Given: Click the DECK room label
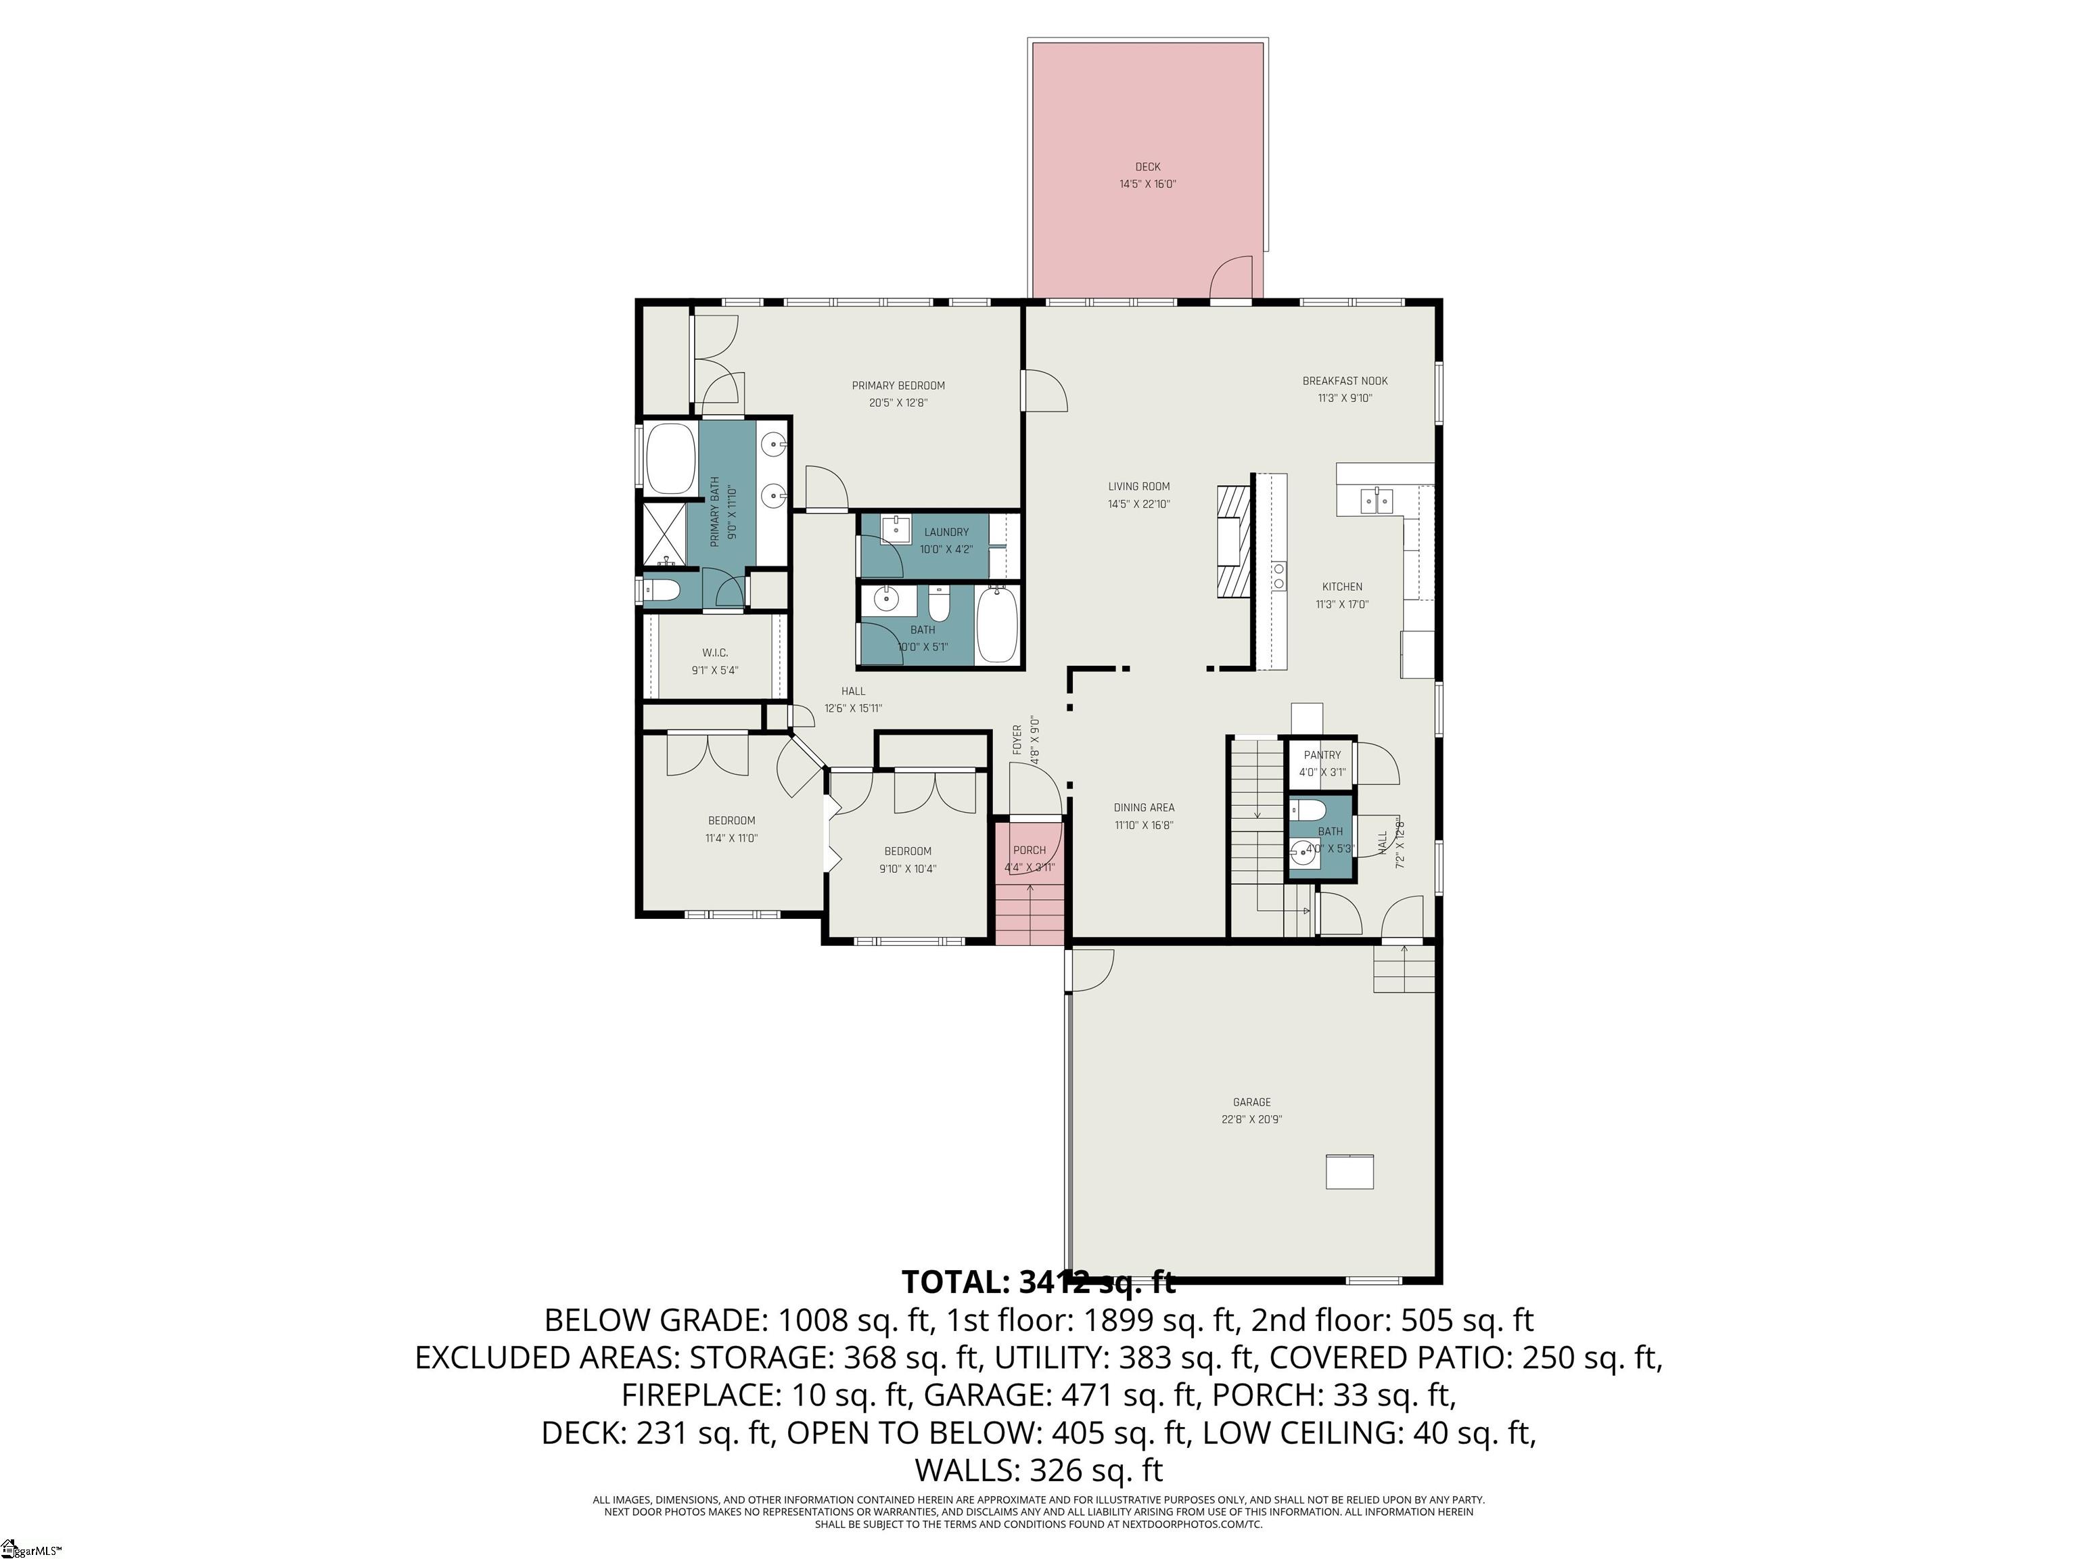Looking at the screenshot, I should pos(1147,167).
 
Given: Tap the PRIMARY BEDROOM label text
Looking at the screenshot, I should pos(898,385).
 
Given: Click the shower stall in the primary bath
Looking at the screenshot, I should pos(665,534).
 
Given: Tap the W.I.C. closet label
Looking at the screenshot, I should pos(715,653).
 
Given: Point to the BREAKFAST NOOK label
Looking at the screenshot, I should pos(1344,380).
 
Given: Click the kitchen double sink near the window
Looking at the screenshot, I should pos(1377,500).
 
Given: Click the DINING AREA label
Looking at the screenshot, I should pos(1143,807).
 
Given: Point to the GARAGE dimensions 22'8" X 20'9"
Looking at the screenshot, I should pos(1251,1119).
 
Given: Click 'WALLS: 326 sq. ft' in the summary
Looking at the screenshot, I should pos(1038,1469).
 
